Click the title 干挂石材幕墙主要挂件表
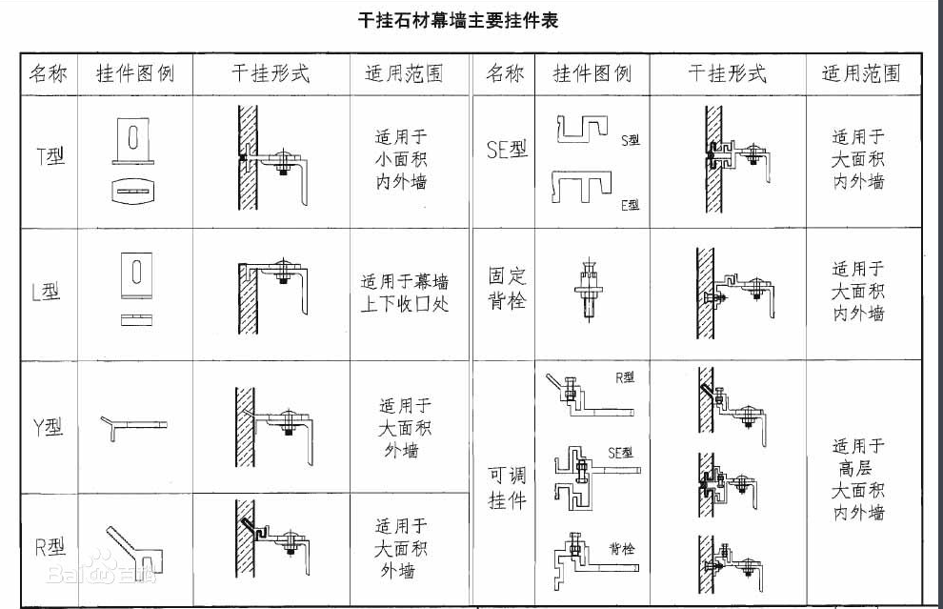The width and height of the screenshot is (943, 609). [x=457, y=20]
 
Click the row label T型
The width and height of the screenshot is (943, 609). [x=50, y=156]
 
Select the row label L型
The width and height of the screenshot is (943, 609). [x=46, y=292]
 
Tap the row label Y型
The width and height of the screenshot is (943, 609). [x=48, y=427]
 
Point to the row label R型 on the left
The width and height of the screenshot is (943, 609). [x=50, y=547]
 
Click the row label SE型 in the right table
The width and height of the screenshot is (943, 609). [x=507, y=149]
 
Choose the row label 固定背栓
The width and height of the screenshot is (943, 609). [x=507, y=288]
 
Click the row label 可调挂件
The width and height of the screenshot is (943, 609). [x=507, y=487]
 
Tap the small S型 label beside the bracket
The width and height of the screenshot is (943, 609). [x=631, y=140]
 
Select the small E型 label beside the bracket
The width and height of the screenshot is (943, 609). [x=631, y=205]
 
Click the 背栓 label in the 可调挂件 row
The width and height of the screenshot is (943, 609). [x=622, y=548]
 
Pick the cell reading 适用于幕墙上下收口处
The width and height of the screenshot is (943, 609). [x=405, y=293]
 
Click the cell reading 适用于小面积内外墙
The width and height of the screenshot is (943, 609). [x=401, y=159]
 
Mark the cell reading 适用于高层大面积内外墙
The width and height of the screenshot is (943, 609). [x=858, y=479]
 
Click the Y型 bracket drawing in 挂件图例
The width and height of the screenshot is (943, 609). [x=133, y=428]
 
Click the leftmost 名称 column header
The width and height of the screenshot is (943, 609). [x=49, y=73]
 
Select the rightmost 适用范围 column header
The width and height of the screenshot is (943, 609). [x=861, y=73]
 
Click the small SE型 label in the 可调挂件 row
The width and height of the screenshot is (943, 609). [x=620, y=453]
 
